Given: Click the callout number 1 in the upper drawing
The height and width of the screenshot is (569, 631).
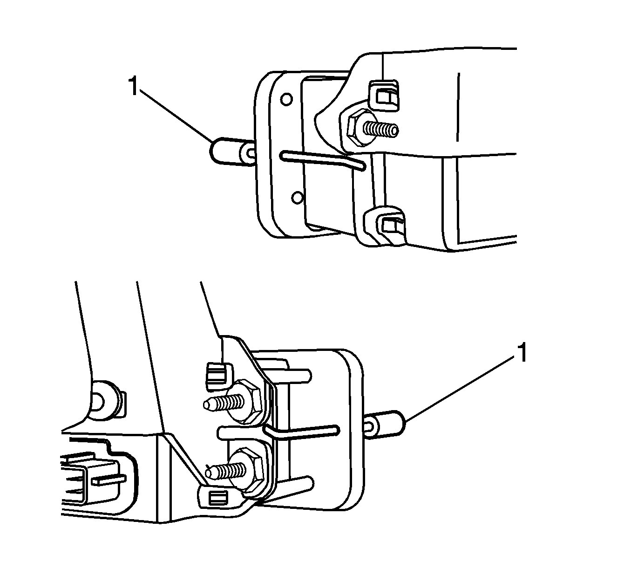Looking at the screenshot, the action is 133,86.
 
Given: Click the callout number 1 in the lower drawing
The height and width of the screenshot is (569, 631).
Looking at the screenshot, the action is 522,353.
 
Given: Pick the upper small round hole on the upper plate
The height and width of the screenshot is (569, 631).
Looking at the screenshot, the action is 286,100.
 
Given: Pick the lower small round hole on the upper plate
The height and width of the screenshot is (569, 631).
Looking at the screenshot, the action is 297,198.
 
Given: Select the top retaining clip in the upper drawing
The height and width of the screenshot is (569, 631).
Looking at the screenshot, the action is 384,96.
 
